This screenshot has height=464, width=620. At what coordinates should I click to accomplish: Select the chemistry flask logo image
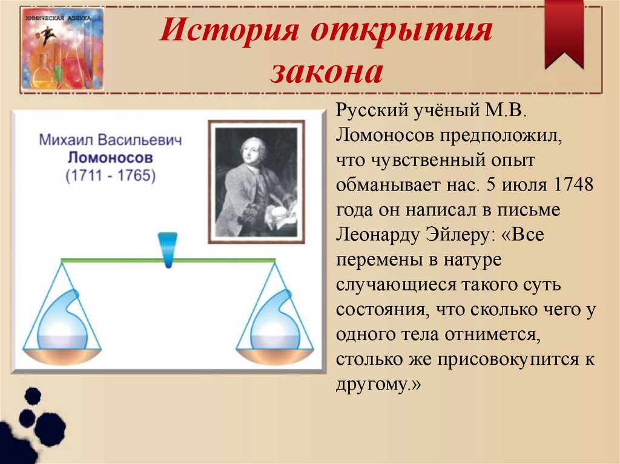pyautogui.click(x=62, y=48)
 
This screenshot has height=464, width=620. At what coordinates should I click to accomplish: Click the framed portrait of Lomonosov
pyautogui.click(x=257, y=182)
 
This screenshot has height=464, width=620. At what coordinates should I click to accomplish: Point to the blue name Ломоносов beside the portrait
pyautogui.click(x=110, y=158)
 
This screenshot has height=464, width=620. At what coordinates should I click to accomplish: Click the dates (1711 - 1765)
pyautogui.click(x=110, y=176)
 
